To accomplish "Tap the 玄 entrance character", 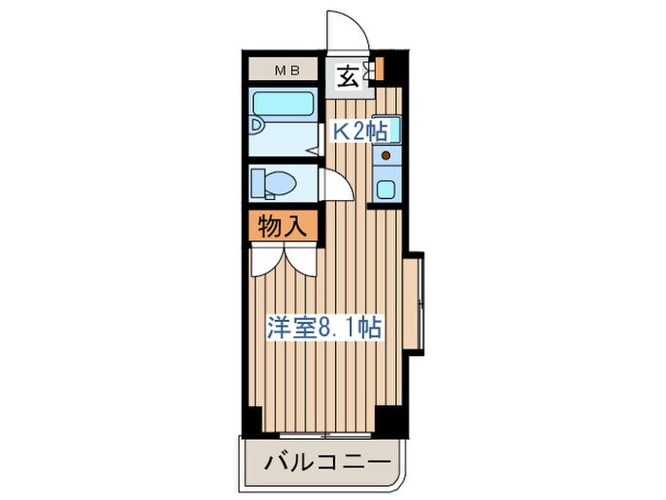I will [349, 77].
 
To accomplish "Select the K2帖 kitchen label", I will [360, 132].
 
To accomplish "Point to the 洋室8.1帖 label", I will [324, 329].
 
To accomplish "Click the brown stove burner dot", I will [386, 153].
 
